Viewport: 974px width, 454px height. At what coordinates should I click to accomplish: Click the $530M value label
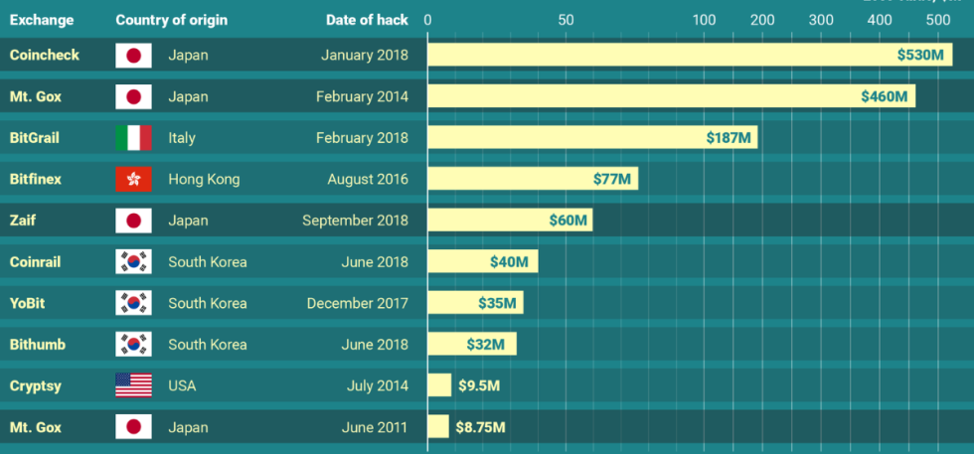(919, 55)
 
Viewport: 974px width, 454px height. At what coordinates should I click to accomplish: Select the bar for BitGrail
(592, 137)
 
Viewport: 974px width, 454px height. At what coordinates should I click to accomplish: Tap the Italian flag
(133, 138)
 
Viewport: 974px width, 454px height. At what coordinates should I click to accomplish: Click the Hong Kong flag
(133, 180)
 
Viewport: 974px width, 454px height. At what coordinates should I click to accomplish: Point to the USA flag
(133, 385)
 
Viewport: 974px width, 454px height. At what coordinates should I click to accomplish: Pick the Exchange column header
(42, 20)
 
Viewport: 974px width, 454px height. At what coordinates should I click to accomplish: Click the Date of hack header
(366, 20)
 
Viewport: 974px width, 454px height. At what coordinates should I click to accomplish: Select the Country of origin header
(171, 20)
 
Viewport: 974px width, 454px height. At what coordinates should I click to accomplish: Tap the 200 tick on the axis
(762, 20)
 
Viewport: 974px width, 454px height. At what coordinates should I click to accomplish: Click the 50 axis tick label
(566, 20)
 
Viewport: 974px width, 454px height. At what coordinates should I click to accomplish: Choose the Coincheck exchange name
(44, 55)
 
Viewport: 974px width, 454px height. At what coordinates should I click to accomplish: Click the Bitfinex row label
(35, 180)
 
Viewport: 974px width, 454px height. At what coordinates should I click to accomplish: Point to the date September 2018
(355, 221)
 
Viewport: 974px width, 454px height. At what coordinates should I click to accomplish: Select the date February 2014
(362, 96)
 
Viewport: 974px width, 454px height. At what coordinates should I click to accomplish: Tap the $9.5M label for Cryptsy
(478, 385)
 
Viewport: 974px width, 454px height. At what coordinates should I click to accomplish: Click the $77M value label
(611, 180)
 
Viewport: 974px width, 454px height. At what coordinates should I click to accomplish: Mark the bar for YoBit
(475, 303)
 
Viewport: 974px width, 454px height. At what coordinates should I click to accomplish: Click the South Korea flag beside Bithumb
(133, 345)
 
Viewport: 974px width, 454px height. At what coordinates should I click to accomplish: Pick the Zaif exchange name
(22, 221)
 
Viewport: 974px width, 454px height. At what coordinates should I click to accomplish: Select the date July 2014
(378, 385)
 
